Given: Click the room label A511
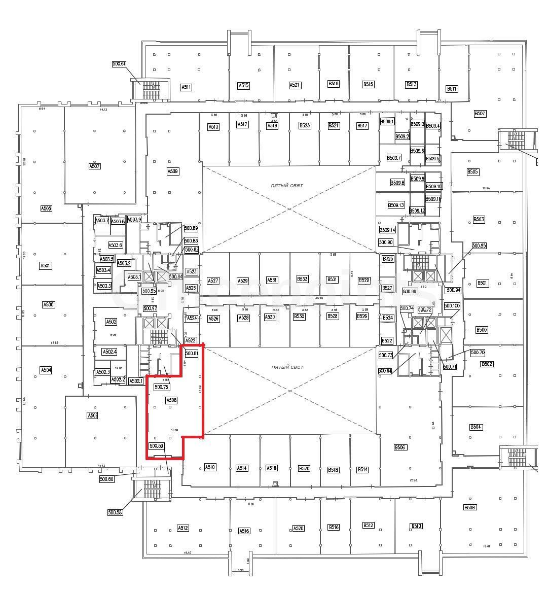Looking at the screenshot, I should click(186, 87).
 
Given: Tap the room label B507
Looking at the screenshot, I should click(480, 114).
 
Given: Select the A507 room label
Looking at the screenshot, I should click(94, 166).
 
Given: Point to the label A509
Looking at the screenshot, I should click(173, 171).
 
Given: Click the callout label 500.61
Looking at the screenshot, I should click(119, 64).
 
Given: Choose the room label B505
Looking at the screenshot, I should click(472, 172).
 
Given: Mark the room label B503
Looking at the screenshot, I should click(479, 219).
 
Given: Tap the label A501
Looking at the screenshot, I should click(46, 265).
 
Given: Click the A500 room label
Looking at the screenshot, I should click(48, 304).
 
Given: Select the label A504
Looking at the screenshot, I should click(46, 370).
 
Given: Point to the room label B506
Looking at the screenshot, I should click(400, 447).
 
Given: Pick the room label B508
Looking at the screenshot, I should click(470, 507).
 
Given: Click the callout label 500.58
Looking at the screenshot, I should click(115, 512).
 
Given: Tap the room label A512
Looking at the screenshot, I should click(183, 528).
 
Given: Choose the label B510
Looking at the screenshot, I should click(416, 526).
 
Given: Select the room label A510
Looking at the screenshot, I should click(210, 467).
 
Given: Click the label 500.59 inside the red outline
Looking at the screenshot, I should click(157, 446).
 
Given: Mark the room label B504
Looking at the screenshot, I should click(476, 427).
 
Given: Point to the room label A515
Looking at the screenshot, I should click(243, 85).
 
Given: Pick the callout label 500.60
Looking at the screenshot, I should click(106, 479).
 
